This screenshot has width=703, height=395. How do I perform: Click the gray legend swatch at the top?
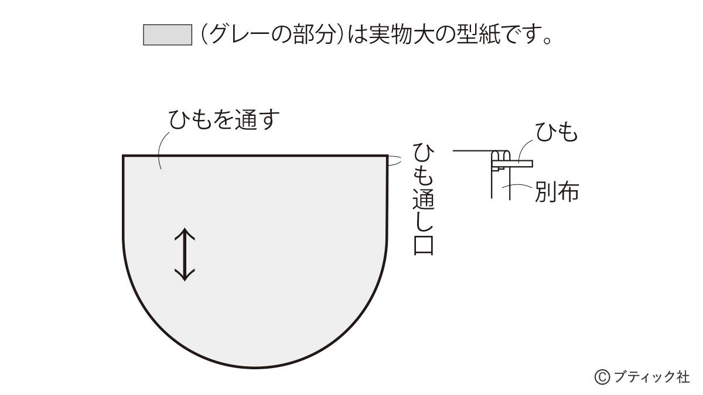[x=168, y=35]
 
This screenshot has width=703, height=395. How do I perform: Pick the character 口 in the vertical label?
[x=423, y=245]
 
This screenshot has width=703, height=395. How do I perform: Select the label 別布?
[x=557, y=191]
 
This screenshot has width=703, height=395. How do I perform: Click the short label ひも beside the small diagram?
[x=557, y=133]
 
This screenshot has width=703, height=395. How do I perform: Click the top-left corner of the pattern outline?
[x=124, y=156]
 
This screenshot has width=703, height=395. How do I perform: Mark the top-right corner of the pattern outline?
[x=387, y=156]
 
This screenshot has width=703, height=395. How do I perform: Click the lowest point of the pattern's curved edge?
[x=255, y=367]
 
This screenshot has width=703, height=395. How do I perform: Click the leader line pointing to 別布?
[x=521, y=186]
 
